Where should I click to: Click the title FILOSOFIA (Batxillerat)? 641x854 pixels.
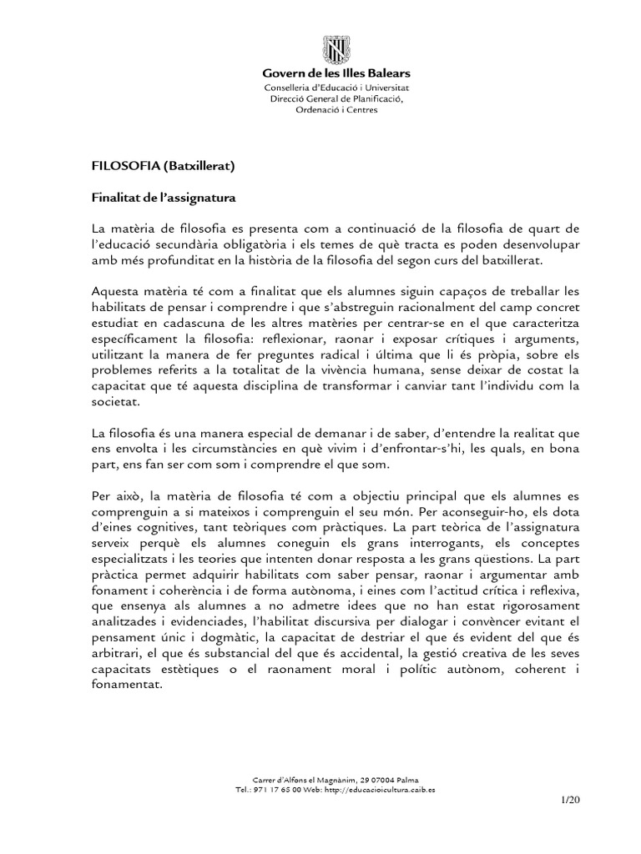[163, 166]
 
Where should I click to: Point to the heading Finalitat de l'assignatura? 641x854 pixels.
[164, 199]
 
